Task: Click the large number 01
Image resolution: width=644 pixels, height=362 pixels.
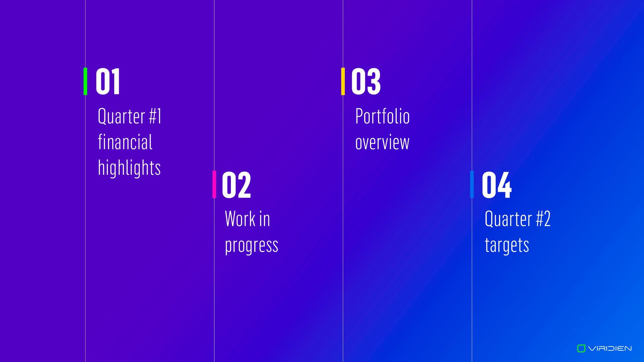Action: [108, 81]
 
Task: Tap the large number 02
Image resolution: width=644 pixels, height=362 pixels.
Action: [236, 184]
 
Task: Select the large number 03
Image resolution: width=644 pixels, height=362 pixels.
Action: [366, 81]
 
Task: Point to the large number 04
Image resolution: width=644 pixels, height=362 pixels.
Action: [497, 184]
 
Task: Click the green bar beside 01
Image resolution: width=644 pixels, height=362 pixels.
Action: [85, 81]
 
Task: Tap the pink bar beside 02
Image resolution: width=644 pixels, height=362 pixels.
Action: [214, 184]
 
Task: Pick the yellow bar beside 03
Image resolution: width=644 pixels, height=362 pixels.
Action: [343, 81]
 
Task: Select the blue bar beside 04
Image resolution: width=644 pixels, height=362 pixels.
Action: [472, 184]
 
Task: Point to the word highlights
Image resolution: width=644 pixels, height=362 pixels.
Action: [129, 168]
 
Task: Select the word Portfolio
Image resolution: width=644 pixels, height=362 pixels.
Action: [382, 116]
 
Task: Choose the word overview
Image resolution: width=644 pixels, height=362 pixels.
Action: [382, 142]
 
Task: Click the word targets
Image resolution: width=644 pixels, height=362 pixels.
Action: [507, 245]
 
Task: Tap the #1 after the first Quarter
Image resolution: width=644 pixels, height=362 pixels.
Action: [155, 116]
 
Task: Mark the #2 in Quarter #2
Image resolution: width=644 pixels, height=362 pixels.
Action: [543, 219]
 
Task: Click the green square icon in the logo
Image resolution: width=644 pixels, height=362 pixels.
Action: [581, 349]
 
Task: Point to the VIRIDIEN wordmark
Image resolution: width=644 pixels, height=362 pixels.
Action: [610, 349]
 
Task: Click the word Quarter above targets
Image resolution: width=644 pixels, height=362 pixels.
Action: [508, 219]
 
